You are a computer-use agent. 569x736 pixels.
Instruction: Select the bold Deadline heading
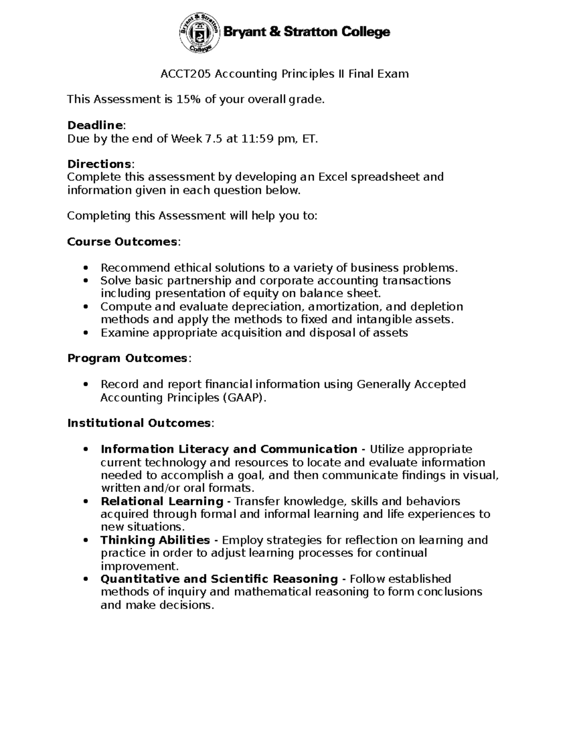95,126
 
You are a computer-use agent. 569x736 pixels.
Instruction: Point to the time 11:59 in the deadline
256,139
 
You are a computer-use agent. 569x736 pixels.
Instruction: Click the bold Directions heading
99,164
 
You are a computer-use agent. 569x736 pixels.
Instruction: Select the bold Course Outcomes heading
122,242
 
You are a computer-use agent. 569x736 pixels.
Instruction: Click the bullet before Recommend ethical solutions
85,268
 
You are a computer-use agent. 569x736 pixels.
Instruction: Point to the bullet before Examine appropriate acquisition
85,333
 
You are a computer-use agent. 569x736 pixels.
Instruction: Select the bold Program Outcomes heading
128,358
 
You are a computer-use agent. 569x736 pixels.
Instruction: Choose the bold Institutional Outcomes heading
139,423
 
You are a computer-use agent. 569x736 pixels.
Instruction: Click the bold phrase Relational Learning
162,501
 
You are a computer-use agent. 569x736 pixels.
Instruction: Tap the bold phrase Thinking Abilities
155,540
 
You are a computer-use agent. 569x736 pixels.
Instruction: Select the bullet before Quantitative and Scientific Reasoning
85,580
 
